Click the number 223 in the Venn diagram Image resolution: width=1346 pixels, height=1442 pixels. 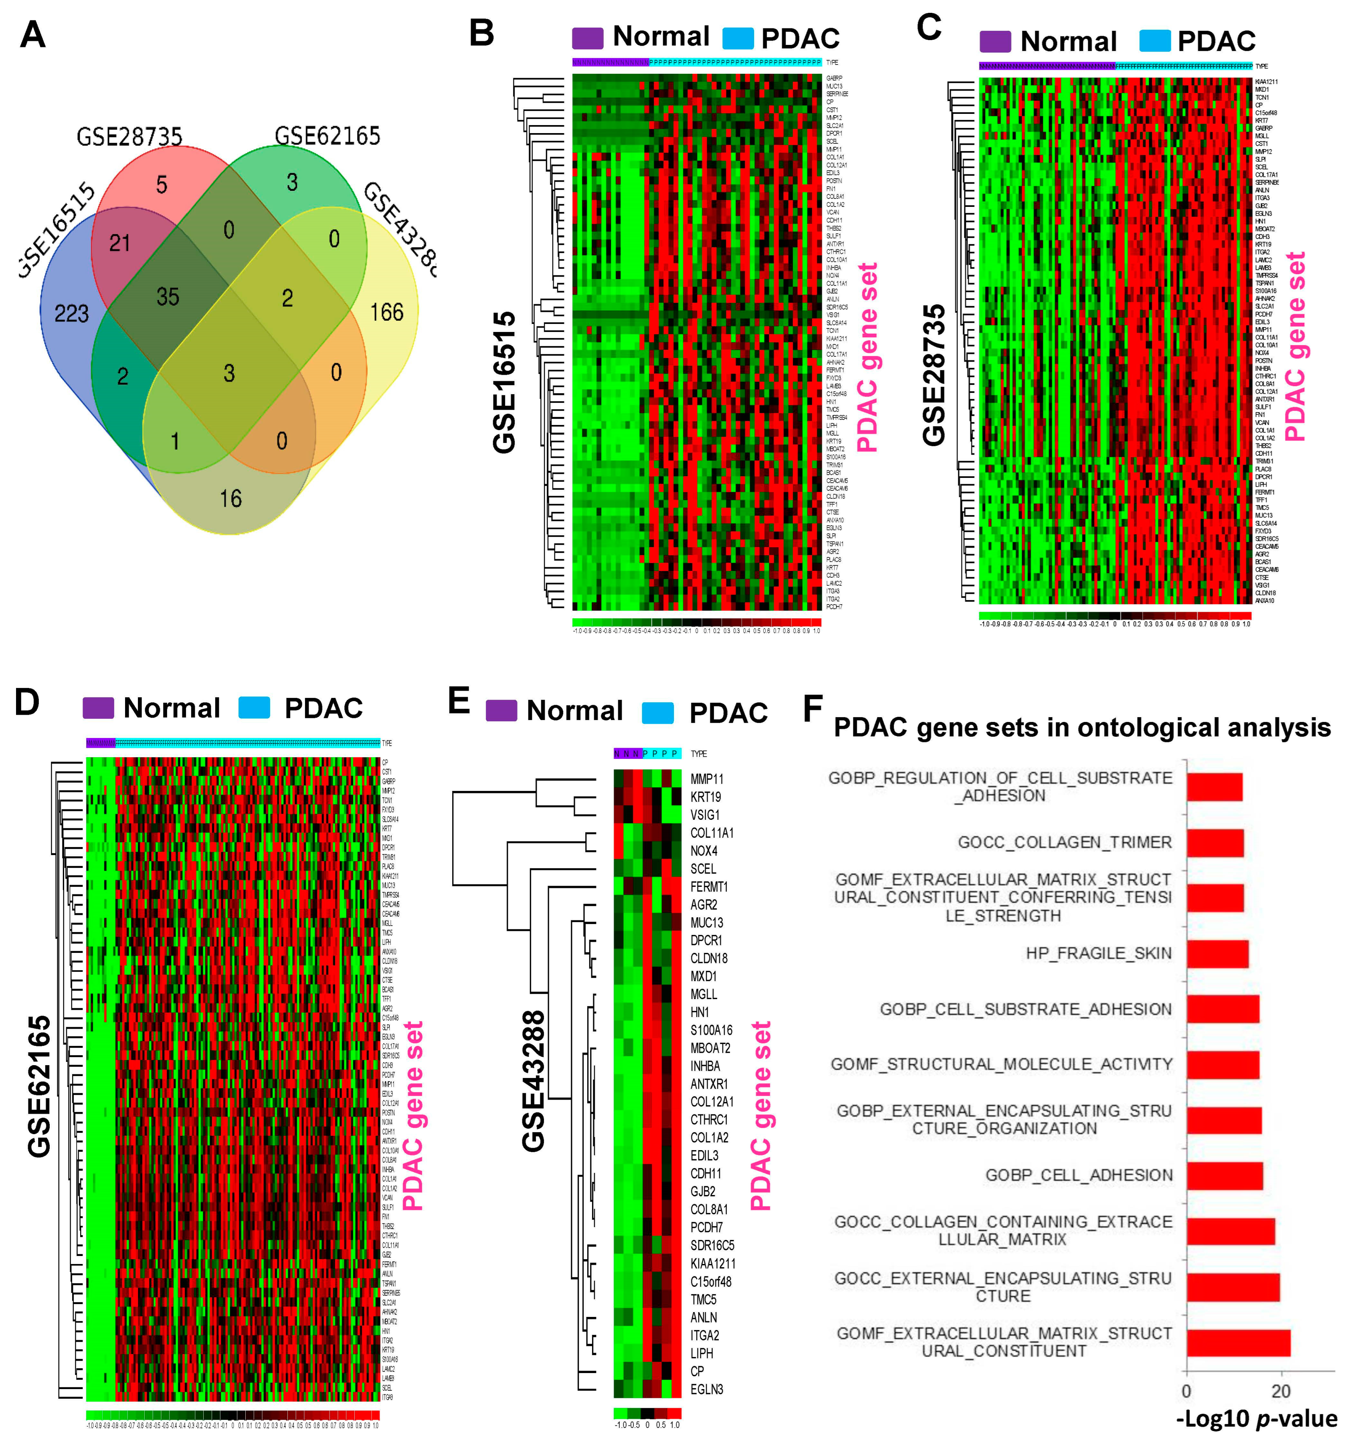71,313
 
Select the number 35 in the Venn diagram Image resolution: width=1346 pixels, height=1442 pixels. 168,296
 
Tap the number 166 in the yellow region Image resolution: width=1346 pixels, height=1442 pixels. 386,312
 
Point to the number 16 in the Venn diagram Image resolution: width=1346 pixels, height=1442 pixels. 230,498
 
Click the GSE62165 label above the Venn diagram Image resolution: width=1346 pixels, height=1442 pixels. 327,136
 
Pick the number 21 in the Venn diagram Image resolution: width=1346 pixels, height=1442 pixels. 120,242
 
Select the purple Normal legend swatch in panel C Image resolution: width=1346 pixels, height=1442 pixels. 995,41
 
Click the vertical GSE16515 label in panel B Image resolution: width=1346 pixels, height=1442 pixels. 504,382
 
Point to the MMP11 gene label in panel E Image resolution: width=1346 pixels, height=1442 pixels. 706,779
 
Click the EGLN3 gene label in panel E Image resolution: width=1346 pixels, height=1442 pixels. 706,1389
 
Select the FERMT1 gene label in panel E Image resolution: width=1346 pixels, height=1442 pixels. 709,886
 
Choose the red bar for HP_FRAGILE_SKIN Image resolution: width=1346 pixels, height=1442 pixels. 1217,953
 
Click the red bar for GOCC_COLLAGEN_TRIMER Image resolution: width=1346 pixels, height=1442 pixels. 1215,842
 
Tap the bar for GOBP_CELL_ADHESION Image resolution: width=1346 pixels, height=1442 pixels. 1224,1175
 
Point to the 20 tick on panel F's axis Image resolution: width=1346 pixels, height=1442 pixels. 1281,1391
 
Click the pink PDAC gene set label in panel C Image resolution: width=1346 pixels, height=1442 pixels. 1295,347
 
